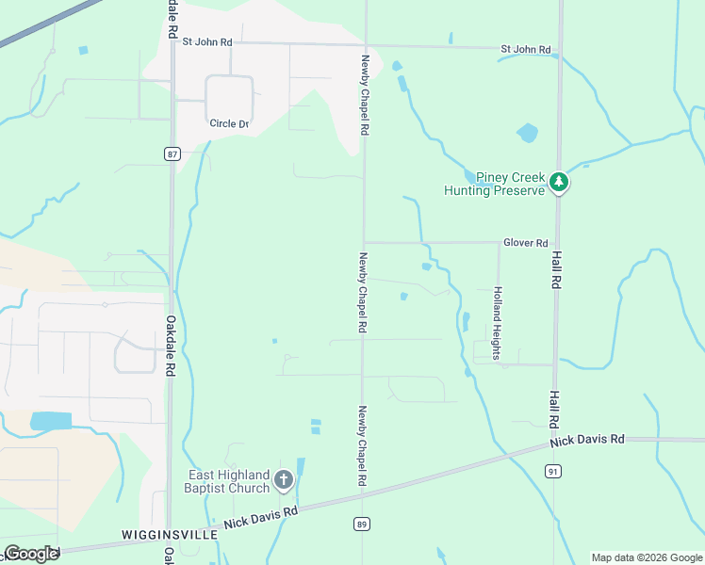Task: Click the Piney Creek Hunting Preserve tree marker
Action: click(x=559, y=182)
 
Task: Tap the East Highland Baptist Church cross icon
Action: click(x=283, y=481)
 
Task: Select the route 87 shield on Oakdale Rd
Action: click(x=172, y=154)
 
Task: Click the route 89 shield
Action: click(x=362, y=524)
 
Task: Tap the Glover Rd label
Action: click(x=525, y=243)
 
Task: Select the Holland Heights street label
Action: click(x=497, y=323)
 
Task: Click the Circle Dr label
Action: click(x=229, y=123)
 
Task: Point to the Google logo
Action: click(x=31, y=553)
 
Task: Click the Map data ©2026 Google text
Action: click(x=647, y=557)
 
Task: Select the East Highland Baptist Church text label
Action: click(x=229, y=481)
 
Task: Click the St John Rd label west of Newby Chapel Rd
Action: click(x=207, y=42)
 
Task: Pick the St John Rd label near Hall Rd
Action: click(x=526, y=48)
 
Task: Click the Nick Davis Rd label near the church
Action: click(x=260, y=516)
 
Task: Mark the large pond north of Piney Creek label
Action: click(x=527, y=133)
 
